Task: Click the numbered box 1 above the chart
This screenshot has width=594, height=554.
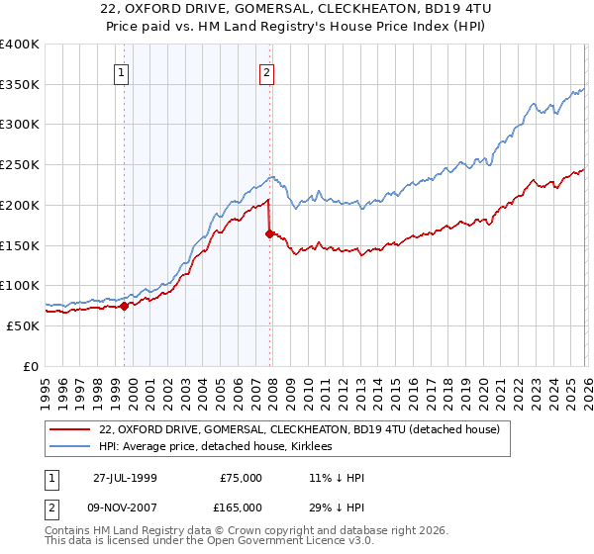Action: coord(121,71)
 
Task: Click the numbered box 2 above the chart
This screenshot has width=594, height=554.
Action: coord(267,71)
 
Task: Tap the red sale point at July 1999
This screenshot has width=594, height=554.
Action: coord(125,306)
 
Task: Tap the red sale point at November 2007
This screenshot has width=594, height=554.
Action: coord(269,233)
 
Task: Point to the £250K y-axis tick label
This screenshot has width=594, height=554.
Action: coord(19,164)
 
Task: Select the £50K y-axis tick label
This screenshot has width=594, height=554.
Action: coord(22,325)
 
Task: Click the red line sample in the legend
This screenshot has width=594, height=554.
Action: coord(71,429)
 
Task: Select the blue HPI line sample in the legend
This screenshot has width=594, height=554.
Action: coord(71,446)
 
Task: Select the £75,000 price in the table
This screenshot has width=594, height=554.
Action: coord(241,477)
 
